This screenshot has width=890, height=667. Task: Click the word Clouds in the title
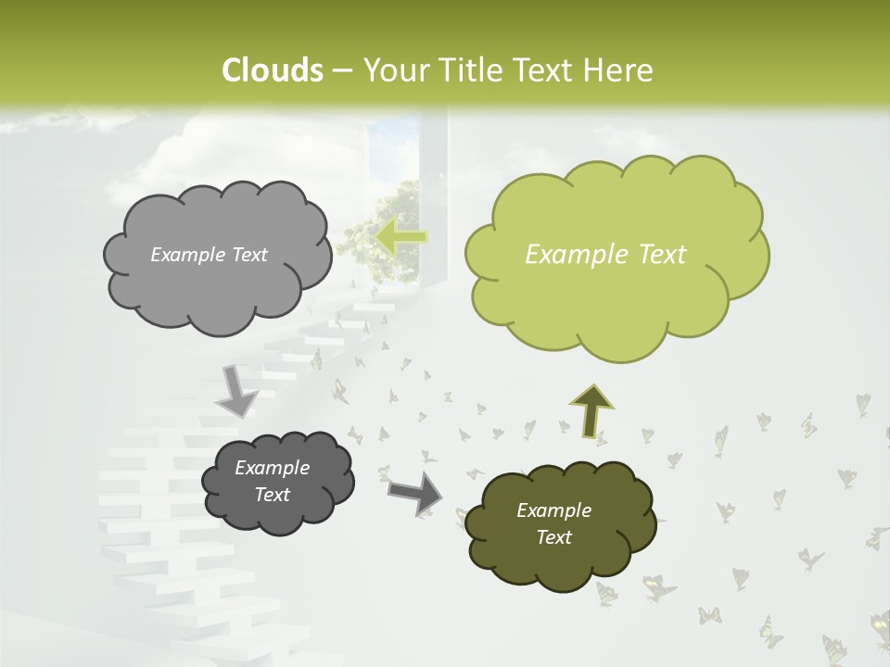pyautogui.click(x=272, y=70)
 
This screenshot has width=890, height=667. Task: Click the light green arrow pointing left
pyautogui.click(x=400, y=236)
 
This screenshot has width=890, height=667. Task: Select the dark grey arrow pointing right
pyautogui.click(x=416, y=492)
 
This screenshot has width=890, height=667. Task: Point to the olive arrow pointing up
pyautogui.click(x=591, y=410)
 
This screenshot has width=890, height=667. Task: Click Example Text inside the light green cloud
pyautogui.click(x=605, y=255)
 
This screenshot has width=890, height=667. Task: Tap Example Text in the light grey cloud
pyautogui.click(x=209, y=254)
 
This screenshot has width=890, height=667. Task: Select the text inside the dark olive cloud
pyautogui.click(x=553, y=523)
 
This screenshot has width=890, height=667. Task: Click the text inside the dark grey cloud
pyautogui.click(x=272, y=482)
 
